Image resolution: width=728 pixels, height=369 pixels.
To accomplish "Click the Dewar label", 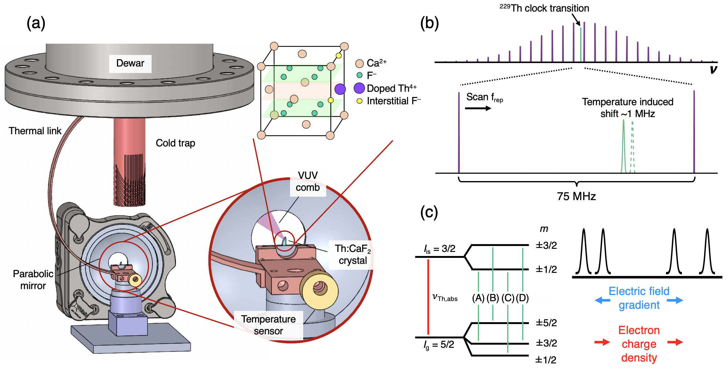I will pos(130,63).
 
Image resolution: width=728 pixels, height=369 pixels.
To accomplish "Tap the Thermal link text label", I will pos(35,131).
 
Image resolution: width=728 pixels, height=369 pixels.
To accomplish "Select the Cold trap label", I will pos(175,143).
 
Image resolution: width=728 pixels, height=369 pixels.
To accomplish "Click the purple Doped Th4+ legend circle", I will pos(359,88).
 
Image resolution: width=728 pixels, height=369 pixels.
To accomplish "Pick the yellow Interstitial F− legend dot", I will pos(359,101).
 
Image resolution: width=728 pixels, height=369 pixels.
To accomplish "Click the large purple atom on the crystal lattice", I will pos(340,89).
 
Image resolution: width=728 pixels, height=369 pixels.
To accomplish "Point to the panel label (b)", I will pos(430,23).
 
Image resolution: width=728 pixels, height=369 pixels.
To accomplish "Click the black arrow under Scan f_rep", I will pos(478,108).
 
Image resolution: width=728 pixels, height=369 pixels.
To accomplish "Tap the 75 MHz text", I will pos(576,196).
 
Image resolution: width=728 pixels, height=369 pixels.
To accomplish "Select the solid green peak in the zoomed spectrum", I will pos(624,147).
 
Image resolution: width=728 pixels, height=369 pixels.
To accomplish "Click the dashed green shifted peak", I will pos(632,147).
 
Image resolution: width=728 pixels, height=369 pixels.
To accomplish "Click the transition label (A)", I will pos(478,298).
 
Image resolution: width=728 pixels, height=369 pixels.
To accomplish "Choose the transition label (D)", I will pos(522,298).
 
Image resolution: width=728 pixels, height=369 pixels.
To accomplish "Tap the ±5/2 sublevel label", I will pos(546,322).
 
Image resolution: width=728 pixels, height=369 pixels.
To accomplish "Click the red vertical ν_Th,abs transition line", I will pos(428,297).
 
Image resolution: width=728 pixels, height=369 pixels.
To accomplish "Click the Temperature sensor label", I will pos(268,325).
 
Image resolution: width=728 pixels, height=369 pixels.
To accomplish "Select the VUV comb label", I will pos(308,181).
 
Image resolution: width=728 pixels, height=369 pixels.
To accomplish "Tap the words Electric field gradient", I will pos(639,298).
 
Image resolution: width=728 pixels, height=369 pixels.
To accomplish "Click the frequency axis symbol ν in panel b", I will pos(713,69).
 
